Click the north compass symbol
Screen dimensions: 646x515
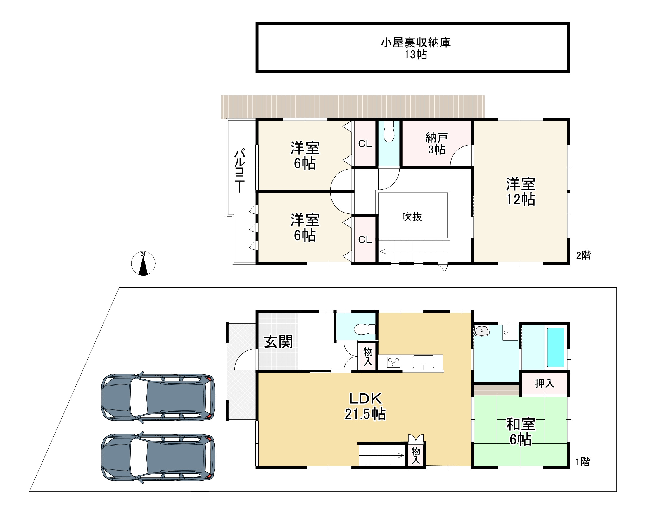pos(143,263)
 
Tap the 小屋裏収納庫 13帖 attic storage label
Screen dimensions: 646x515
pos(416,48)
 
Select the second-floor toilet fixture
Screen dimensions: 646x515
pos(389,131)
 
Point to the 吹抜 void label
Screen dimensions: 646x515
pos(412,217)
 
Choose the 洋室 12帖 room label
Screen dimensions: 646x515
pos(521,191)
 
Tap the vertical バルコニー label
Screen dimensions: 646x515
pos(240,170)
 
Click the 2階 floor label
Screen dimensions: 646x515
pos(583,255)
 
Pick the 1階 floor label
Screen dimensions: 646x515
pos(583,462)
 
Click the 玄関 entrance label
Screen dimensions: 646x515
pos(278,342)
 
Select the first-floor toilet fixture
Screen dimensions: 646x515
pos(365,329)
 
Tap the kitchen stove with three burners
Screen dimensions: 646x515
pos(393,362)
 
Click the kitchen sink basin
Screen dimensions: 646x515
pos(423,362)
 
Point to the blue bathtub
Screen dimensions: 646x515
pos(556,347)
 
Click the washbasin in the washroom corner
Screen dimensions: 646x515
pos(482,331)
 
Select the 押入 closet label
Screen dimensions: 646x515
pos(545,383)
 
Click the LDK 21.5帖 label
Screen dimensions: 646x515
pos(365,406)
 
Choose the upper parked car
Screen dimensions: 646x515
pos(158,397)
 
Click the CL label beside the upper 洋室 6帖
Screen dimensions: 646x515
pos(365,144)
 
